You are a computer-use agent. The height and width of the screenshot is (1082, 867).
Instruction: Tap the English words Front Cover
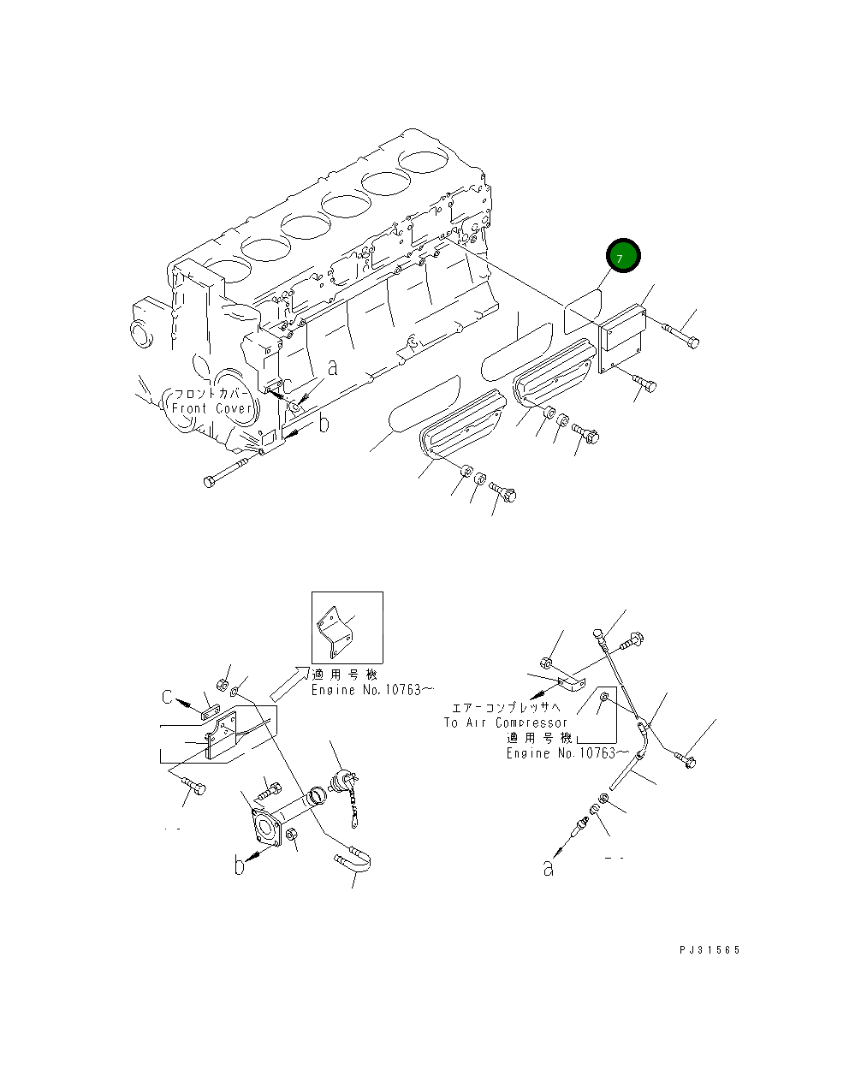coord(212,408)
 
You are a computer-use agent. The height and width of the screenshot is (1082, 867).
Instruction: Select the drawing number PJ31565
coord(710,950)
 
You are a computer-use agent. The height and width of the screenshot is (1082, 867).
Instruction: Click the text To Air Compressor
coord(505,722)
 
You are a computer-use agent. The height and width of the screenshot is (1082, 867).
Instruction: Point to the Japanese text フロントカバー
coord(212,394)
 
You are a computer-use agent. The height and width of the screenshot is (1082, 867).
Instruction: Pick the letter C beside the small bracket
coord(169,698)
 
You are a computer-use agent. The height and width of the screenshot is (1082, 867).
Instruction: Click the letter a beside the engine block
coord(333,368)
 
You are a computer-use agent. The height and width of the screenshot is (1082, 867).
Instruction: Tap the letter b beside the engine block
coord(324,425)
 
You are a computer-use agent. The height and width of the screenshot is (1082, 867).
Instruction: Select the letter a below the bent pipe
coord(548,868)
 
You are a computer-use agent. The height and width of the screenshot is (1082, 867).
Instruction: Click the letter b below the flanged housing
coord(241,866)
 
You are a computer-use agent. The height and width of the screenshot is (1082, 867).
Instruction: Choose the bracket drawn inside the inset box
coord(336,631)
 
